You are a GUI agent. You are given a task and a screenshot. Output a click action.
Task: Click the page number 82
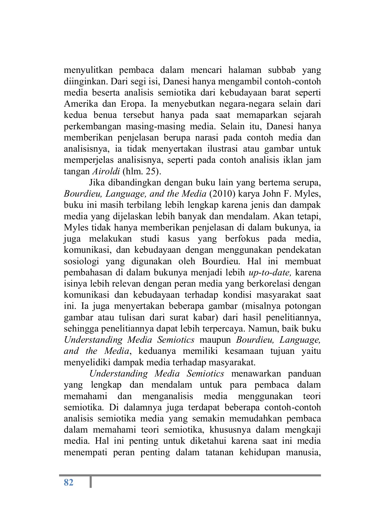point(68,482)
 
